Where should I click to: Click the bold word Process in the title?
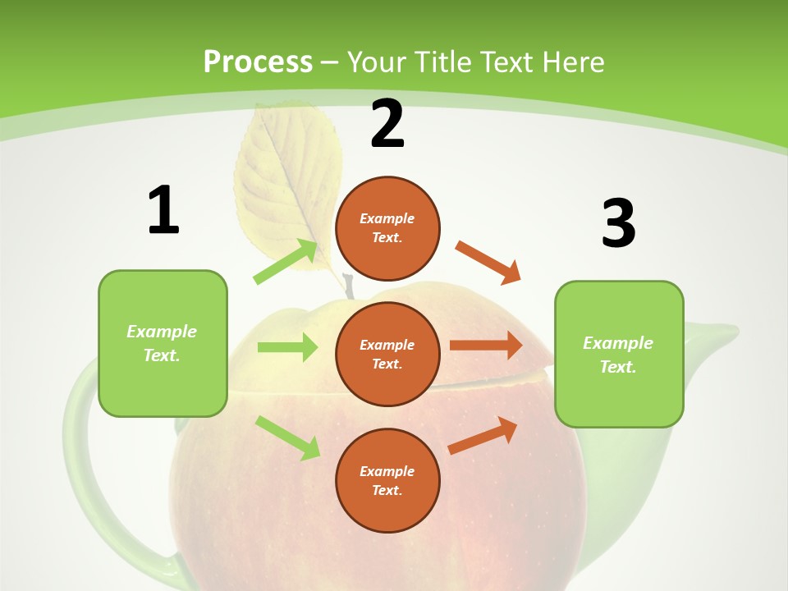click(258, 62)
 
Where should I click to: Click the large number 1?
click(163, 210)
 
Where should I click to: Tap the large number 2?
click(387, 124)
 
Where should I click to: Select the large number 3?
click(618, 223)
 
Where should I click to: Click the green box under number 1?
click(163, 343)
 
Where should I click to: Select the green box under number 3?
click(619, 354)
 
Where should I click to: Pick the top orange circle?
click(387, 228)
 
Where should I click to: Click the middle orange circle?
click(387, 354)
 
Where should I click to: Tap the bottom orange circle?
click(387, 480)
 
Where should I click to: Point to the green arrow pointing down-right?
click(288, 438)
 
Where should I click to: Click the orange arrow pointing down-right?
click(488, 263)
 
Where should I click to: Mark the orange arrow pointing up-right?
click(483, 435)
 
